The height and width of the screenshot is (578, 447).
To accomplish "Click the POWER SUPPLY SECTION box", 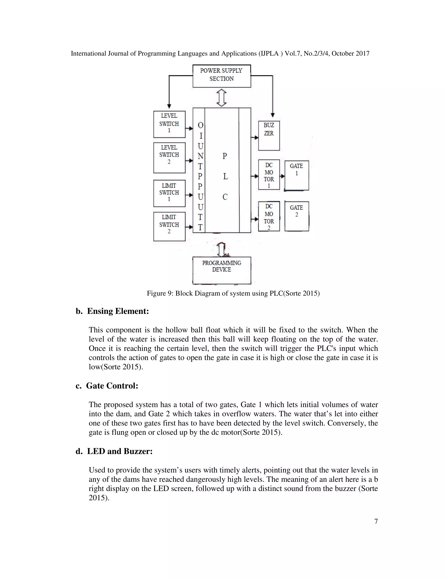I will pos(222,76).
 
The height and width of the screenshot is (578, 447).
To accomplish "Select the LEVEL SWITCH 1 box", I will pos(169,124).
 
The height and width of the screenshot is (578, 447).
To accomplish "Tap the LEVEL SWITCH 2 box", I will pos(169,157).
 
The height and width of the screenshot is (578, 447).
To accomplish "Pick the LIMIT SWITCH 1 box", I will pos(169,193).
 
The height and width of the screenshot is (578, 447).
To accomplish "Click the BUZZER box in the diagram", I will pos(269,135).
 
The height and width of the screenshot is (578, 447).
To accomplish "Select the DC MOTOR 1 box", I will pos(269,175).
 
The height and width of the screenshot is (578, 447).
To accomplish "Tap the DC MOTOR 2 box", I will pos(269,216).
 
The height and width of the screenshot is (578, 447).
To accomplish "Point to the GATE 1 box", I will pos(297,175).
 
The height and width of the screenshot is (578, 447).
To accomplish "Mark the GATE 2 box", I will pos(297,216).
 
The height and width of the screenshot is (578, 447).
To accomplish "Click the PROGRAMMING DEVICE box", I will pos(222,270).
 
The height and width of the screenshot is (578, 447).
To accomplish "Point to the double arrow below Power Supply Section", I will pos(222,98).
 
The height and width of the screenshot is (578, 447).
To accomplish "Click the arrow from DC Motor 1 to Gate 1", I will pos(282,176).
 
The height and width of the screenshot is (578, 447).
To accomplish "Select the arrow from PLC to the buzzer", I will pos(255,137).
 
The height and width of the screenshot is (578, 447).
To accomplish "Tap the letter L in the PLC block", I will pos(225,176).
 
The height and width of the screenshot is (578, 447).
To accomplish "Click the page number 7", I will pos(376,521).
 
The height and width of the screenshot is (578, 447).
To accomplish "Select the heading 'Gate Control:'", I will pos(112,386).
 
